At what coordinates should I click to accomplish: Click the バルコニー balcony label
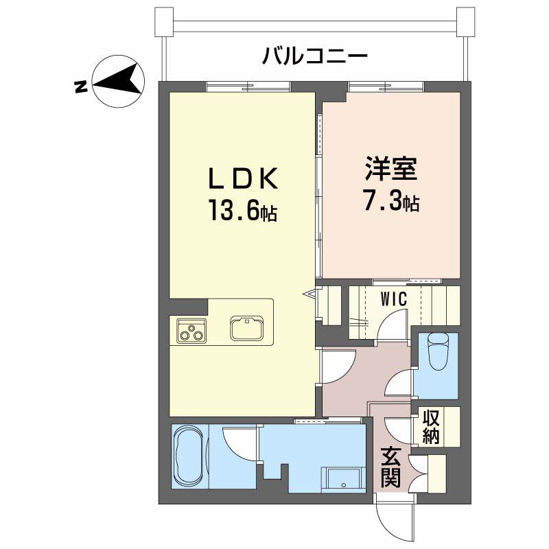point(315,56)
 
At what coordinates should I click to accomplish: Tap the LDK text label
point(243,178)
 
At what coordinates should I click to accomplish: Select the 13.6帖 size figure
point(243,210)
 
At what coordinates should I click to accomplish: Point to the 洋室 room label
point(391,169)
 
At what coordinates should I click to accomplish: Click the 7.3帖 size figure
point(391,200)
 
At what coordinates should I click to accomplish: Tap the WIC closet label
point(394,299)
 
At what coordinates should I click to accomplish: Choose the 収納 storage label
point(431,426)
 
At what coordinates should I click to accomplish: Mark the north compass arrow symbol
point(118,82)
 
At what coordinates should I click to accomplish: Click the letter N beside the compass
point(81,87)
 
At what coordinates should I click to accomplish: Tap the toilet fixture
point(438,351)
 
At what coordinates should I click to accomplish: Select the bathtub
point(188,456)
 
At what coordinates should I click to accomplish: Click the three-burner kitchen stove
point(191,331)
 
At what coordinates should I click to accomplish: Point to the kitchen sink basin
point(246,328)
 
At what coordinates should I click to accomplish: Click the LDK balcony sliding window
point(248,86)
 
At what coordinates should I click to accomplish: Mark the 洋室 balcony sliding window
point(385,86)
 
